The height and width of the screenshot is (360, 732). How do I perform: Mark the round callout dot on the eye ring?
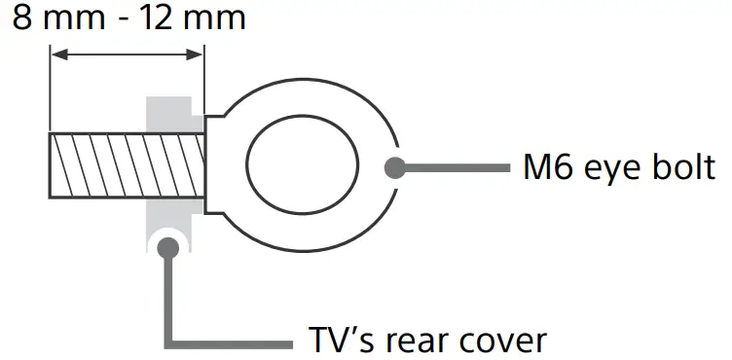pos(394,166)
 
